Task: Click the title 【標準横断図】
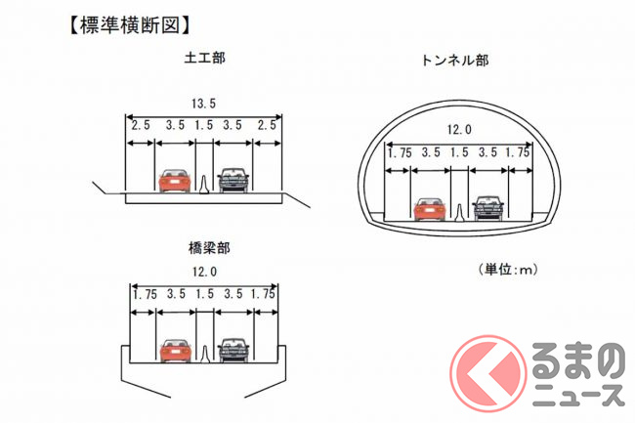129,25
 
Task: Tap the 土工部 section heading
204,58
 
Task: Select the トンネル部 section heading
455,61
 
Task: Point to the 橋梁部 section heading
209,248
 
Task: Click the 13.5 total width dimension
204,104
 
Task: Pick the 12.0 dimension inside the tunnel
460,130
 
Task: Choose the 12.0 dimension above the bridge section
204,272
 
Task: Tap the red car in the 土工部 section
175,181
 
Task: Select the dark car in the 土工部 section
233,180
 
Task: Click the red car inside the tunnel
430,209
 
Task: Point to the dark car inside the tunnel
488,208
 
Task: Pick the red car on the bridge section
176,351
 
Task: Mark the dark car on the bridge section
233,350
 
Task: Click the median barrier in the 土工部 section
204,184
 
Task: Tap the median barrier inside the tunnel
459,213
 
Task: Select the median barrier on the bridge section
205,355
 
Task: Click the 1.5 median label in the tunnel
459,152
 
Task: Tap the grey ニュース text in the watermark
578,395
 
